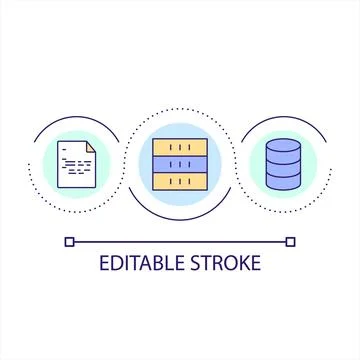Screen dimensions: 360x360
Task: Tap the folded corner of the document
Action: (90, 146)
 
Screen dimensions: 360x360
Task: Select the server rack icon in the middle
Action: (180, 163)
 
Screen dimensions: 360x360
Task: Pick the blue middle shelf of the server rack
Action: (180, 163)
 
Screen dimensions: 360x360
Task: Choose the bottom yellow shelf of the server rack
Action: (180, 182)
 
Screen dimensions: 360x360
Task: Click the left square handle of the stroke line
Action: (68, 240)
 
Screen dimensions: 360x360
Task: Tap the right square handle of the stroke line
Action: (291, 240)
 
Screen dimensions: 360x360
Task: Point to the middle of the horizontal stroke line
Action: (180, 240)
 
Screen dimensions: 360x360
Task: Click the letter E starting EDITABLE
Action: (104, 264)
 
